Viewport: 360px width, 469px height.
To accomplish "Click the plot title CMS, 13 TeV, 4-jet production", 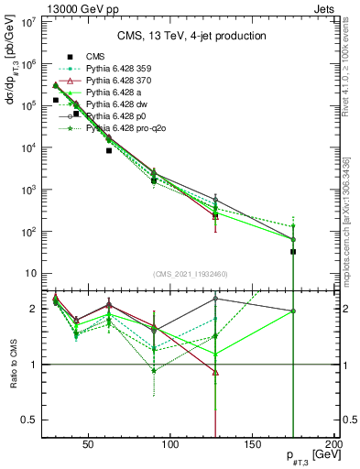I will [x=191, y=36].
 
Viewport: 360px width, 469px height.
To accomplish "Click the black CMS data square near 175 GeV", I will [x=293, y=252].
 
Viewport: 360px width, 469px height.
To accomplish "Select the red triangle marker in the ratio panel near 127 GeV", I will [x=215, y=373].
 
